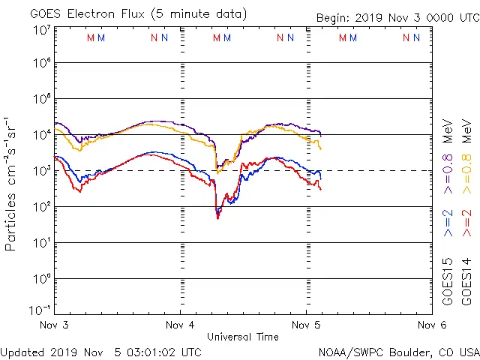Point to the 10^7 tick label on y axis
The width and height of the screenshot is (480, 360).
(x=41, y=30)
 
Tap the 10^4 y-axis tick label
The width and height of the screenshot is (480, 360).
(x=41, y=135)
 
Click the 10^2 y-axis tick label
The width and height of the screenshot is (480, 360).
(x=41, y=207)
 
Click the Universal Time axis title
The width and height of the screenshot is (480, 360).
(x=243, y=337)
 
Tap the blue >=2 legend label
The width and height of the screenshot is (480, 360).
(x=448, y=223)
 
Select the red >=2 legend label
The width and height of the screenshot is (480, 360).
(x=466, y=223)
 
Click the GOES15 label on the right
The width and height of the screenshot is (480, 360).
(x=448, y=281)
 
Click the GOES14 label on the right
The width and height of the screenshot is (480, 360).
(x=466, y=281)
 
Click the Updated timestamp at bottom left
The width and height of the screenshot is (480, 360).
(x=100, y=352)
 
